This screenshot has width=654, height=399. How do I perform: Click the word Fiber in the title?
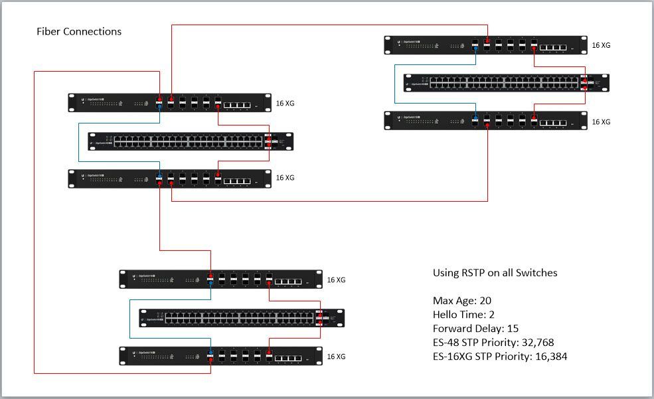[x=48, y=31]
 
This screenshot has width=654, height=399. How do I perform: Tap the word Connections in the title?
[x=92, y=31]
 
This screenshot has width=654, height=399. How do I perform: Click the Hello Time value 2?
[x=492, y=315]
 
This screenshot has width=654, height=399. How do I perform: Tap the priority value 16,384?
[x=548, y=357]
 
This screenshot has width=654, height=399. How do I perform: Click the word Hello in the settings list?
[x=446, y=315]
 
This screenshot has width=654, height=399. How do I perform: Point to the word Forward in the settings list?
[x=453, y=329]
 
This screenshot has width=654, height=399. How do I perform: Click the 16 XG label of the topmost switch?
[x=601, y=46]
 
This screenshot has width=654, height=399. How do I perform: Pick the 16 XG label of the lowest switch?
[x=336, y=357]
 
